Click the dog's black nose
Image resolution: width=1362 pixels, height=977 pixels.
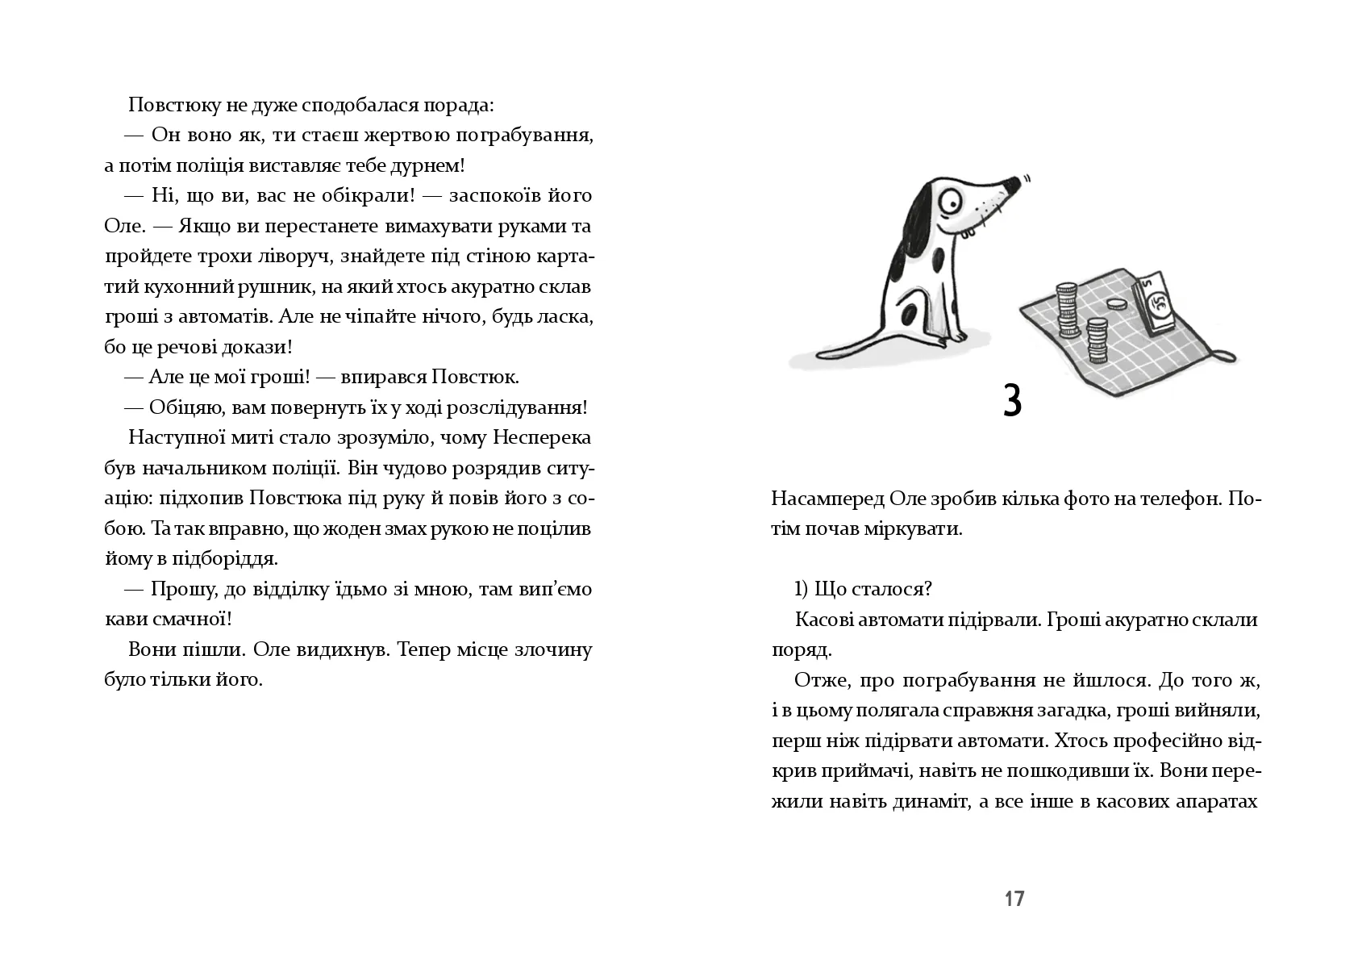pyautogui.click(x=1014, y=185)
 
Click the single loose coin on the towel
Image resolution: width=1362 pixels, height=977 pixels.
pyautogui.click(x=1115, y=305)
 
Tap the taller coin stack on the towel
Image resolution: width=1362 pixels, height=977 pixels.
pyautogui.click(x=1068, y=310)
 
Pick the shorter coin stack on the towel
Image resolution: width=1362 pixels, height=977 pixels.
pyautogui.click(x=1096, y=340)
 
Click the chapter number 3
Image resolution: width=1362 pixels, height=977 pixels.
pyautogui.click(x=1013, y=401)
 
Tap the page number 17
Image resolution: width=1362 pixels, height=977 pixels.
pyautogui.click(x=1014, y=899)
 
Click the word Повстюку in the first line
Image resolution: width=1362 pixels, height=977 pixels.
pyautogui.click(x=167, y=106)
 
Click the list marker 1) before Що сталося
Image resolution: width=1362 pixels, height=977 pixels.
pyautogui.click(x=802, y=589)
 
